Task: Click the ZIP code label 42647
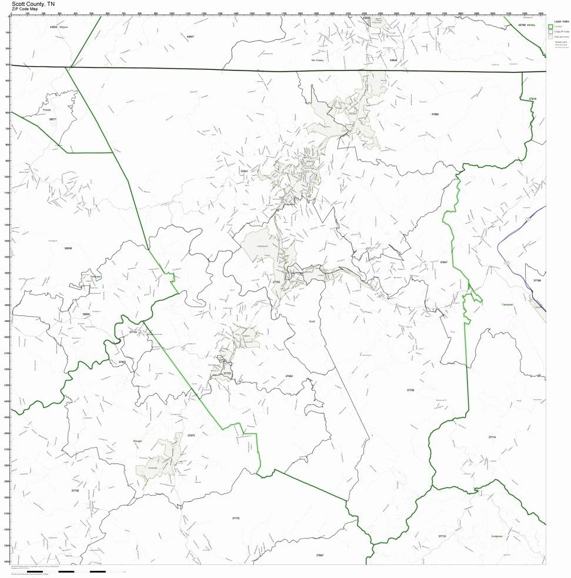click(190, 36)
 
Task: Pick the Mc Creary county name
click(318, 60)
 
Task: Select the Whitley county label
click(532, 25)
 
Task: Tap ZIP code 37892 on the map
click(435, 114)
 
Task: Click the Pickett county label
click(46, 110)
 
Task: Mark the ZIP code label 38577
click(52, 119)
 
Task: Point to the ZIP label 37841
click(245, 171)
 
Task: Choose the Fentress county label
click(96, 276)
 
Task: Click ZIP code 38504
click(86, 314)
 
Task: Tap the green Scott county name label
click(312, 321)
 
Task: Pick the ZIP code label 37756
click(410, 390)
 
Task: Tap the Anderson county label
click(497, 536)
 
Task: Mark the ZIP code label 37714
click(492, 437)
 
